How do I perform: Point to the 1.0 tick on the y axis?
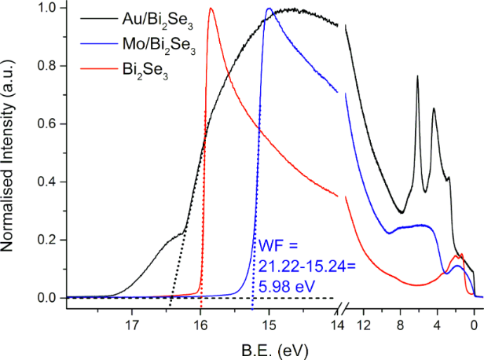[48, 8]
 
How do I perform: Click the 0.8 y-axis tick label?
[48, 66]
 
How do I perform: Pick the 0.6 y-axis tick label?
[48, 124]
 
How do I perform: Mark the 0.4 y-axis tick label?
[48, 182]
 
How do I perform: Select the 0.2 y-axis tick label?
[48, 240]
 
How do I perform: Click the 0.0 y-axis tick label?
[48, 298]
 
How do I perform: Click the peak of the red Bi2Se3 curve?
[211, 9]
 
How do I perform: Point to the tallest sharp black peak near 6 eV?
[417, 76]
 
